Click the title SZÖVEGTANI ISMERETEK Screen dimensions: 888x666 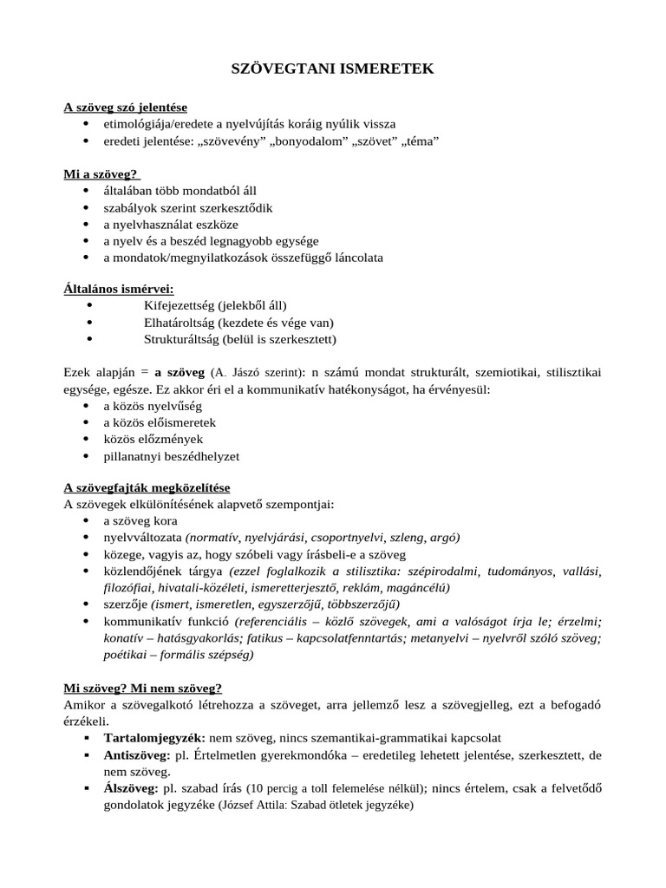coord(332,69)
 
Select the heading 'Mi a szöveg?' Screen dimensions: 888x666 coord(101,174)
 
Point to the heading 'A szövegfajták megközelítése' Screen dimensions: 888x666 coord(147,488)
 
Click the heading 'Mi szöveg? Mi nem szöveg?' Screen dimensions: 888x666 coord(142,688)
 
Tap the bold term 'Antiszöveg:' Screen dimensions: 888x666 coord(138,754)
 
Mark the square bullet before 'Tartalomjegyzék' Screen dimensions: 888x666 coord(86,738)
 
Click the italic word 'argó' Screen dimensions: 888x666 coord(443,538)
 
